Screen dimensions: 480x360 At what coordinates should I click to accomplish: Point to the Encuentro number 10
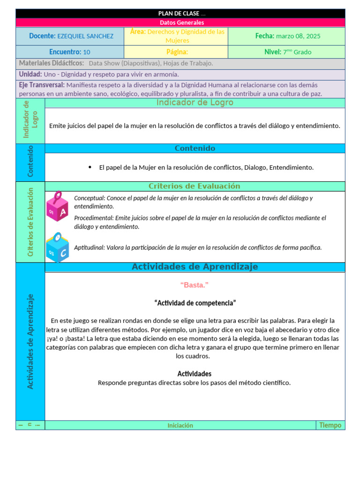[87, 52]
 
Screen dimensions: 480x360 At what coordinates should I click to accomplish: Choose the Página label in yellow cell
[177, 52]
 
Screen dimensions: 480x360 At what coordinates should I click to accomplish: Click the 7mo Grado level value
[297, 52]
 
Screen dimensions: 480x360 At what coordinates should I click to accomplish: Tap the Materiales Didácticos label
[52, 63]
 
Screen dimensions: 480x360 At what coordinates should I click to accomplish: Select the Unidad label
[30, 74]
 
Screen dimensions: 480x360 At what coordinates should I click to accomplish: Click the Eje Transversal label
[42, 85]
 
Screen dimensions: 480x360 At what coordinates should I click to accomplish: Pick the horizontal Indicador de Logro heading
[195, 103]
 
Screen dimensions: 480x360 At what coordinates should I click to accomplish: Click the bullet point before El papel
[90, 167]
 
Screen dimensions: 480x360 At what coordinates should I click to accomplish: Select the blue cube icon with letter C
[57, 247]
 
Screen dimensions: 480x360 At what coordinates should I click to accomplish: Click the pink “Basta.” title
[194, 285]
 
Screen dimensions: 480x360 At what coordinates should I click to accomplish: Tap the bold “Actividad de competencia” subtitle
[195, 303]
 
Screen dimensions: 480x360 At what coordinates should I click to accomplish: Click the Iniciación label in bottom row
[180, 426]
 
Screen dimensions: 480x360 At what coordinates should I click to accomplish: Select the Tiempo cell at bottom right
[330, 425]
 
